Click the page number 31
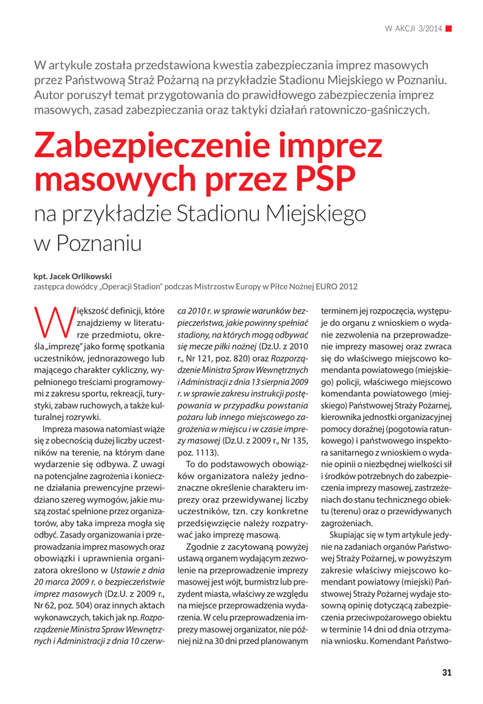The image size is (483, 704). [446, 672]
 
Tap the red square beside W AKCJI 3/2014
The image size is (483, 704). [449, 28]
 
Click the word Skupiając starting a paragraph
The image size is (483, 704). [350, 535]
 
